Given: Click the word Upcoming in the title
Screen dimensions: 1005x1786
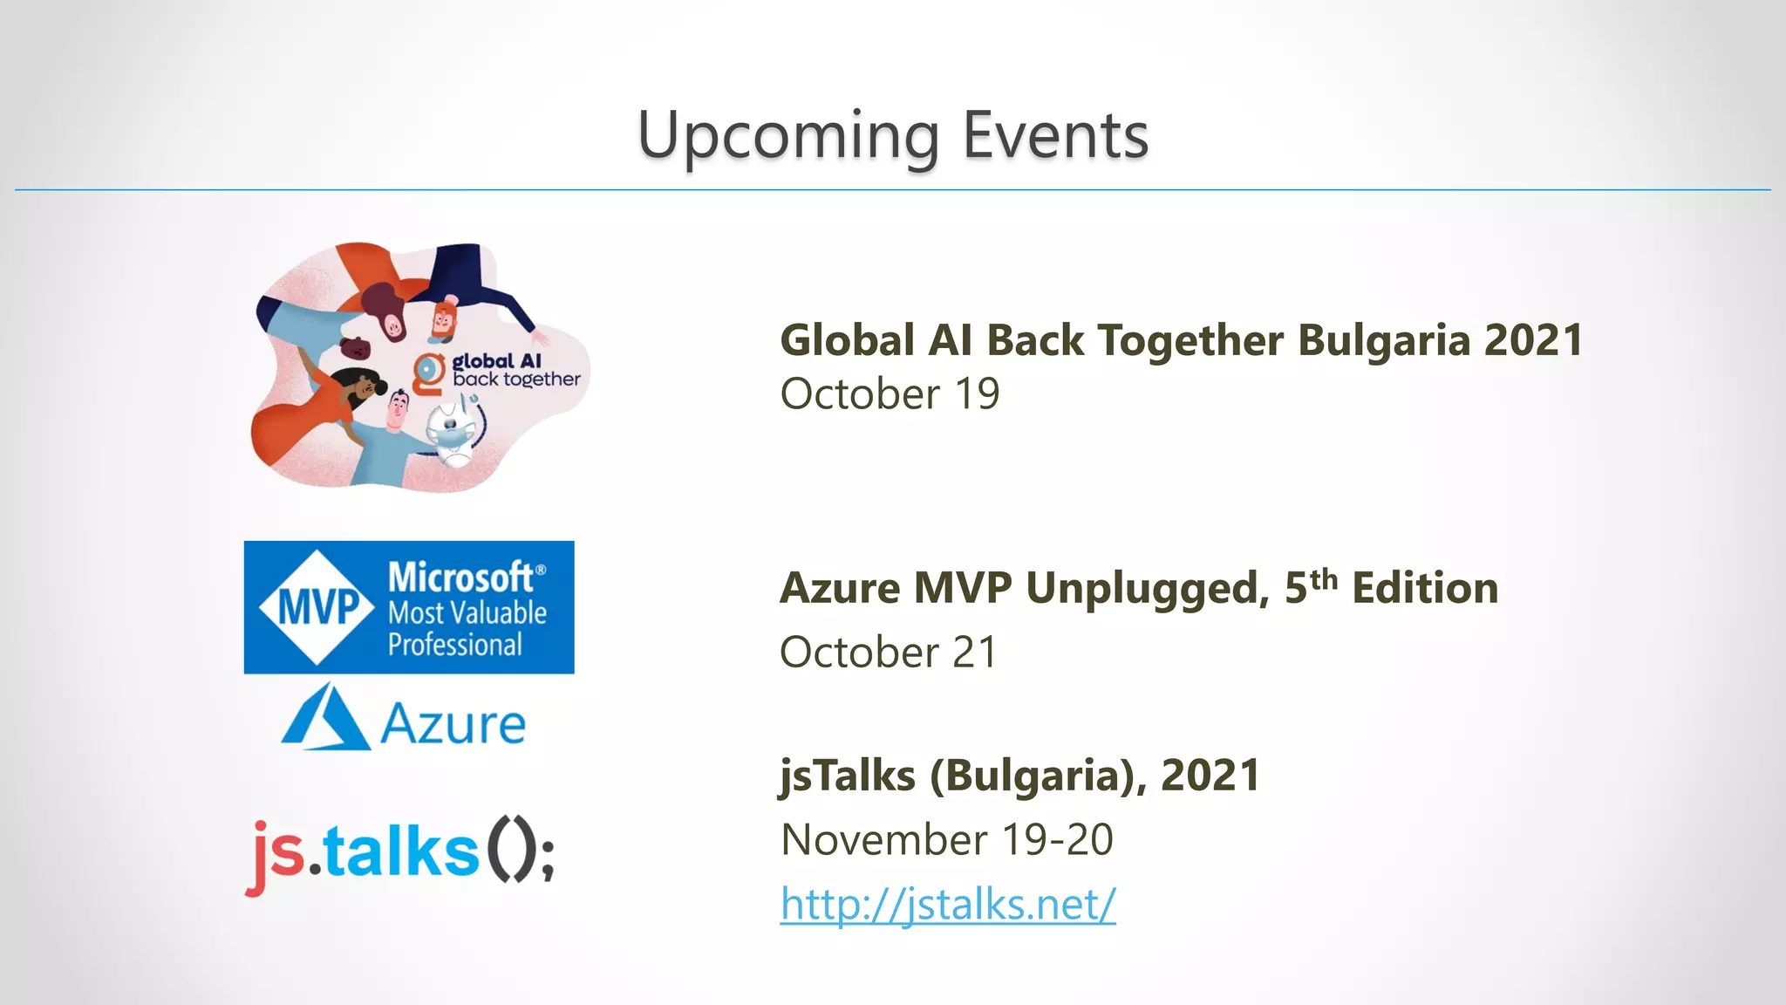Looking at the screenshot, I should (788, 137).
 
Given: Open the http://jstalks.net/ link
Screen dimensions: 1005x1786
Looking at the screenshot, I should (947, 904).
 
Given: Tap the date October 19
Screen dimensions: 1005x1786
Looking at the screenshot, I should (890, 394).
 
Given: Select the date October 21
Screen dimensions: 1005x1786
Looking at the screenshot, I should (888, 653).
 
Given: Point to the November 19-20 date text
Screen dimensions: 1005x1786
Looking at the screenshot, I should (946, 839).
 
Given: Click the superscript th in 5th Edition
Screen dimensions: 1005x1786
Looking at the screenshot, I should (1323, 579).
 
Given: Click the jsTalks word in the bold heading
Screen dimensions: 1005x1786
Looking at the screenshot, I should (846, 775).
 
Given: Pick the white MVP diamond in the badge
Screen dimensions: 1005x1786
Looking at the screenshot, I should (317, 607).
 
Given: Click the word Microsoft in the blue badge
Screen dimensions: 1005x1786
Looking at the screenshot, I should (460, 578).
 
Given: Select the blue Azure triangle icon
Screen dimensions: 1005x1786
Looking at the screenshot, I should (324, 717).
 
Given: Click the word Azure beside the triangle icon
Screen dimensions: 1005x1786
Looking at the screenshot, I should (453, 725).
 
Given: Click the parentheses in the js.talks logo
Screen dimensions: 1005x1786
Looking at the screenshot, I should (509, 850).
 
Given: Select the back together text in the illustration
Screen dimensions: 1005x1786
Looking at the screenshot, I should (516, 379).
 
